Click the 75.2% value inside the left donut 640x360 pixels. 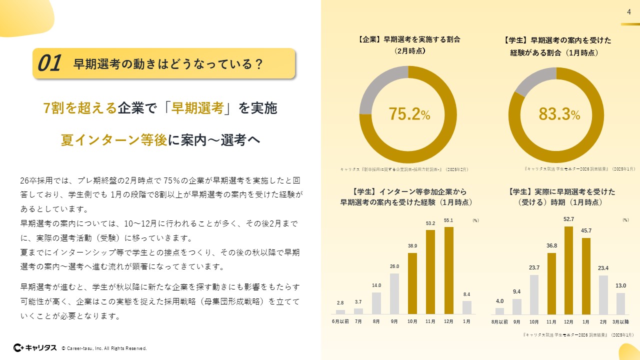(x=409, y=114)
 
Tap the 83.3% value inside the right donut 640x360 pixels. (x=559, y=114)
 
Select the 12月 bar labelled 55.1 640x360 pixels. (x=448, y=270)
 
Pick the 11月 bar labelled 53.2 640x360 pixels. (x=430, y=272)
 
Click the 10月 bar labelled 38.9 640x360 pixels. (x=412, y=283)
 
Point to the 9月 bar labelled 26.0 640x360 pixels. (x=394, y=293)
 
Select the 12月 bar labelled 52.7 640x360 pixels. (x=568, y=270)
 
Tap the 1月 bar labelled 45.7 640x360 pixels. (x=586, y=276)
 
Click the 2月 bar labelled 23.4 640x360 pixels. (x=603, y=294)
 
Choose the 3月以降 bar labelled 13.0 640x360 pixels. (x=620, y=303)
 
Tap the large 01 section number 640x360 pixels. (x=49, y=63)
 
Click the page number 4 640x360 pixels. (x=628, y=13)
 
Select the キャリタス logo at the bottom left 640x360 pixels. (x=34, y=347)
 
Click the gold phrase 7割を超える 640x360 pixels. (x=80, y=108)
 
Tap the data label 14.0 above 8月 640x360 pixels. (x=376, y=285)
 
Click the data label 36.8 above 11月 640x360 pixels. (x=551, y=245)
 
